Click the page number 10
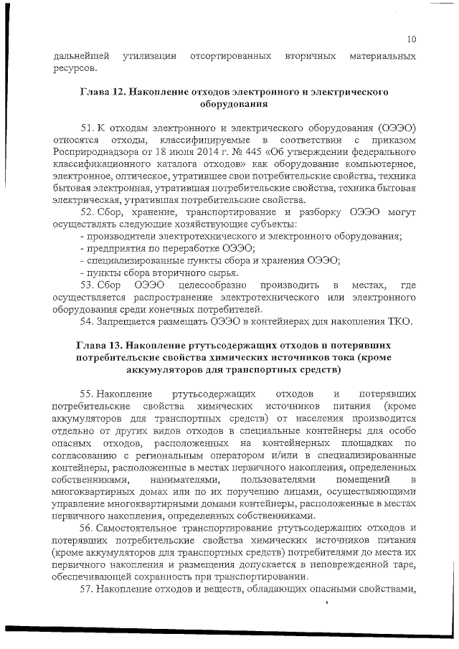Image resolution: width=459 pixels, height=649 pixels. coord(411,39)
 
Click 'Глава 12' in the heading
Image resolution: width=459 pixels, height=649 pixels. coord(103,93)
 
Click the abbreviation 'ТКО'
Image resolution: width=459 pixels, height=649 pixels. coord(399,321)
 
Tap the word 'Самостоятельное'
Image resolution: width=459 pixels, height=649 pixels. coord(144,528)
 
